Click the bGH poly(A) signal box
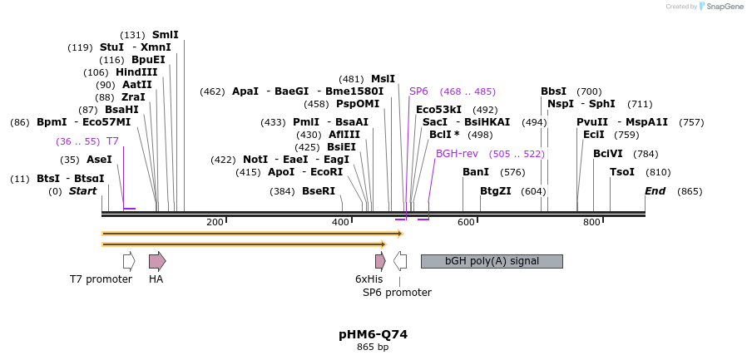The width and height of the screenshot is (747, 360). click(492, 261)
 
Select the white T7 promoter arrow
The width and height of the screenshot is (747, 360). click(129, 261)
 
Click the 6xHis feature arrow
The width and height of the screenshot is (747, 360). click(380, 261)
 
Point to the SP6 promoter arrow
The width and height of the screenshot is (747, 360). click(400, 261)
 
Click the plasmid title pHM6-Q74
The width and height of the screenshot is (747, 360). click(373, 334)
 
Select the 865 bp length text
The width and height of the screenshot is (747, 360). click(373, 347)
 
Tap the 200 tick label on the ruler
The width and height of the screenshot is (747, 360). click(215, 222)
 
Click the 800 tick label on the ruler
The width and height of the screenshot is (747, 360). click(591, 222)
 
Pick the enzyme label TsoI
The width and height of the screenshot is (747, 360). click(622, 172)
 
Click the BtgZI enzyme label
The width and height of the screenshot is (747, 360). click(496, 191)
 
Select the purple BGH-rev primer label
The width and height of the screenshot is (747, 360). click(457, 154)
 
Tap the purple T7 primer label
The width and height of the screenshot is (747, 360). click(112, 141)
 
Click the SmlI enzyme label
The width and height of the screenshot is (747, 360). click(165, 35)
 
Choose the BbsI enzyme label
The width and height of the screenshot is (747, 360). click(553, 91)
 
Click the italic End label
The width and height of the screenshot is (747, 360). click(655, 191)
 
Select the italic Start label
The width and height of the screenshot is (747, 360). click(82, 191)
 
